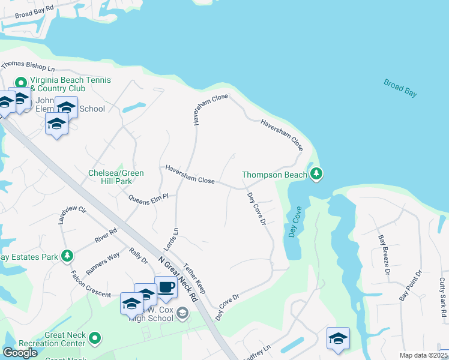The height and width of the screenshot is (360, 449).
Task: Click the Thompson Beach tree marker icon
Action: (x=316, y=175)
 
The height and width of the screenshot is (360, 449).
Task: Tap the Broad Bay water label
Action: (x=400, y=88)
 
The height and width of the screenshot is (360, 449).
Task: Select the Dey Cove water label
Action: (x=294, y=222)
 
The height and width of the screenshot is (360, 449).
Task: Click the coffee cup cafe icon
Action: (x=166, y=287)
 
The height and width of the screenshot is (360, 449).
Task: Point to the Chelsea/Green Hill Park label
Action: (x=116, y=178)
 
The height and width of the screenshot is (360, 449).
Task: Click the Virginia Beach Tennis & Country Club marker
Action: (x=21, y=82)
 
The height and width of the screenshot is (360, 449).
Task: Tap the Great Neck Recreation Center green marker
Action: (x=94, y=339)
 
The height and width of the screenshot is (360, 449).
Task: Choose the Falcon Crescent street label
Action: (x=91, y=285)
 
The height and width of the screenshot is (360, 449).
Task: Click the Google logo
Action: (x=20, y=353)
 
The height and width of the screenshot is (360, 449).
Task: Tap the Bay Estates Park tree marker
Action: (x=67, y=256)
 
